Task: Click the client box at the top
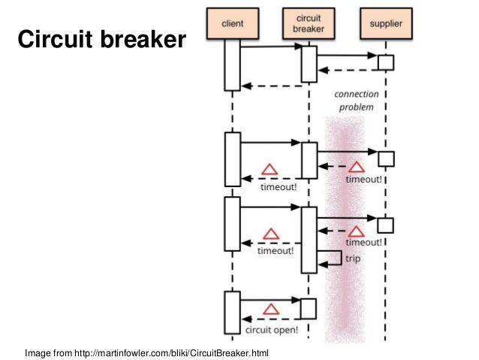click(233, 23)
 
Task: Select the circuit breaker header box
click(309, 23)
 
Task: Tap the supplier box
click(386, 23)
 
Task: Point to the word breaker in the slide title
click(143, 39)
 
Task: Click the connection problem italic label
click(357, 100)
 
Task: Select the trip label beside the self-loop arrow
click(353, 259)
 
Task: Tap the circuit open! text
click(272, 330)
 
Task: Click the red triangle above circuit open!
click(271, 309)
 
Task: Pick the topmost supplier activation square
click(386, 62)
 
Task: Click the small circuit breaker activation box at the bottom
click(309, 309)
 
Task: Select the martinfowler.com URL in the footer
click(171, 353)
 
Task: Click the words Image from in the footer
click(49, 353)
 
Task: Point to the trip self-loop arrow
click(341, 258)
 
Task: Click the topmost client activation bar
click(233, 65)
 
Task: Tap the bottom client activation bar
click(233, 313)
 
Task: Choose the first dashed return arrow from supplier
click(348, 71)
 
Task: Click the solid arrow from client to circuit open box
click(271, 300)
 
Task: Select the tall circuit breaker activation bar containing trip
click(309, 240)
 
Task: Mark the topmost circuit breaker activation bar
click(309, 64)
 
